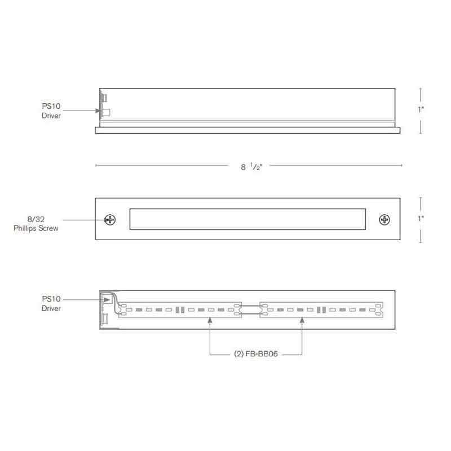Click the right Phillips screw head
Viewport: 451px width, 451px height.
point(384,219)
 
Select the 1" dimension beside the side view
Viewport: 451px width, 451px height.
point(421,110)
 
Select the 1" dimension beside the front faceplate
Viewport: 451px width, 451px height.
point(421,219)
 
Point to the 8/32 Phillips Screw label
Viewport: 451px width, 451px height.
point(36,224)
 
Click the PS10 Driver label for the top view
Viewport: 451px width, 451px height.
point(51,110)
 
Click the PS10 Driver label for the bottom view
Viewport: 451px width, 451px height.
point(51,303)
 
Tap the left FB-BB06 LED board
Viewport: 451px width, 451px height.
point(180,309)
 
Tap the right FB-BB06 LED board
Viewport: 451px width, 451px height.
point(321,309)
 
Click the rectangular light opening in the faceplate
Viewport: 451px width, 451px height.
point(247,219)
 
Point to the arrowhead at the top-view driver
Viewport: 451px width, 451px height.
point(99,111)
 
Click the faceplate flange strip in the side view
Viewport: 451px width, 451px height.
point(247,130)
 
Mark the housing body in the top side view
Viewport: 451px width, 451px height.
point(247,104)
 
